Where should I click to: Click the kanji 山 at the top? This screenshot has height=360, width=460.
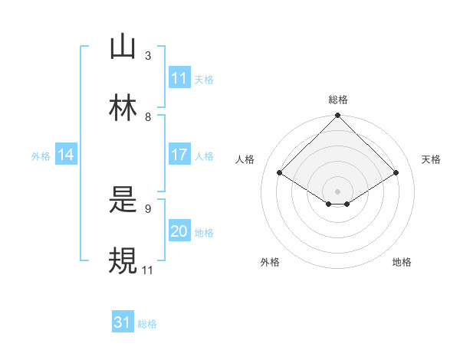point(123,47)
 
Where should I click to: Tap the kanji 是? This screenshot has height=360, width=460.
point(123,201)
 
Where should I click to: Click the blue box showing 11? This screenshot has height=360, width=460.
point(179,78)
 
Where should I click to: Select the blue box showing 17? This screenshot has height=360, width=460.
point(179,155)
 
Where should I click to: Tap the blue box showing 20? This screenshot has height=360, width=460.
point(179,231)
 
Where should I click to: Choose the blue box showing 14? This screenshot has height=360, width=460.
point(66,155)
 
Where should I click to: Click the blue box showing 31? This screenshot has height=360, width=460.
point(123,323)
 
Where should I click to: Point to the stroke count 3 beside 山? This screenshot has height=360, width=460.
point(148,56)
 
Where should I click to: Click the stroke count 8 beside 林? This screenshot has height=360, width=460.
point(148,117)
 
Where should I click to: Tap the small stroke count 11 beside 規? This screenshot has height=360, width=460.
point(148,270)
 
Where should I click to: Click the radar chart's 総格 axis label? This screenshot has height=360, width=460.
point(338,100)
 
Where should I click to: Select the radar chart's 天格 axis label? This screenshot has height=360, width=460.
point(432,159)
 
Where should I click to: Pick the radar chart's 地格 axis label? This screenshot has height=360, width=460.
point(402,263)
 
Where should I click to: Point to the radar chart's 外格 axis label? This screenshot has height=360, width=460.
point(270,263)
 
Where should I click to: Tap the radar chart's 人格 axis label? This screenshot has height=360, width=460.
point(245,159)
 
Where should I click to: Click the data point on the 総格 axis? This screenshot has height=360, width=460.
point(338,116)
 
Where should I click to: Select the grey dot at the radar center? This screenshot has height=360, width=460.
point(338,191)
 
